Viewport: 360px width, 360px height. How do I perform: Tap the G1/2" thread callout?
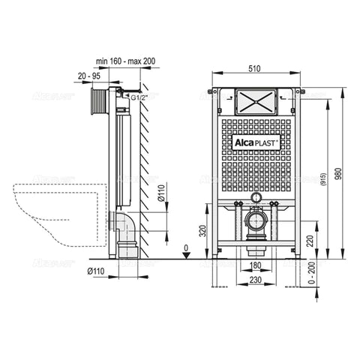coord(137,97)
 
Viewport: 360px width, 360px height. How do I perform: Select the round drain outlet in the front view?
coord(257,221)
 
